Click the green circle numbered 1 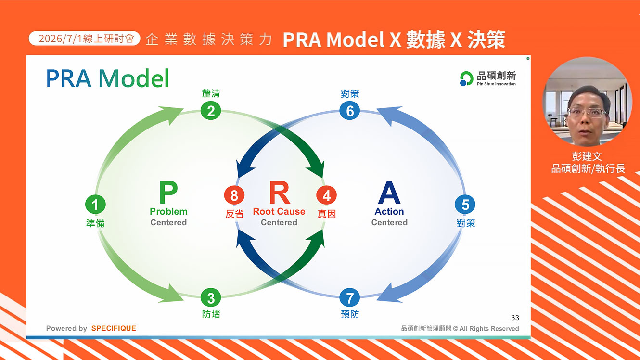coord(95,204)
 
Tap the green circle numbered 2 coord(211,111)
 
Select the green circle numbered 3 coord(211,298)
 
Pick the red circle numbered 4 coord(327,195)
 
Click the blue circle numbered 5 coord(465,204)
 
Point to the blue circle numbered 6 coord(350,111)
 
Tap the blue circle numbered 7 coord(350,298)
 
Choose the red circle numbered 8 coord(234,195)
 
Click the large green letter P coord(168,192)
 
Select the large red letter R coord(280,192)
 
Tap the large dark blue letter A coord(389,192)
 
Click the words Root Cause coord(279,211)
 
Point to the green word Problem coord(168,211)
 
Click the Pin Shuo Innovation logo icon coord(466,78)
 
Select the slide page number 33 coord(515,318)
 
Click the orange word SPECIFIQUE coord(114,328)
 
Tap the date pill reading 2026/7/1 coord(84,39)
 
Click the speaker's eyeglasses coord(587,112)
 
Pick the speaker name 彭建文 coord(587,156)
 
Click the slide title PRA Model coord(108,78)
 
